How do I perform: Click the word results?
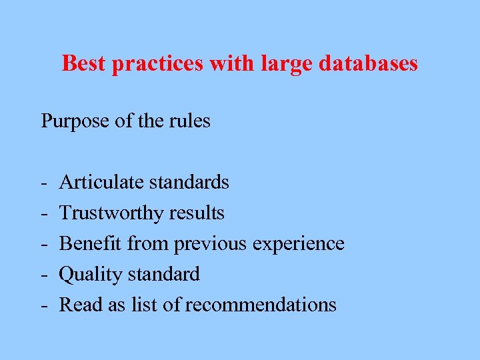[x=197, y=213]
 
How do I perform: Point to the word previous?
[x=211, y=244]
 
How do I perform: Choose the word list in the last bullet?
[x=145, y=305]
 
